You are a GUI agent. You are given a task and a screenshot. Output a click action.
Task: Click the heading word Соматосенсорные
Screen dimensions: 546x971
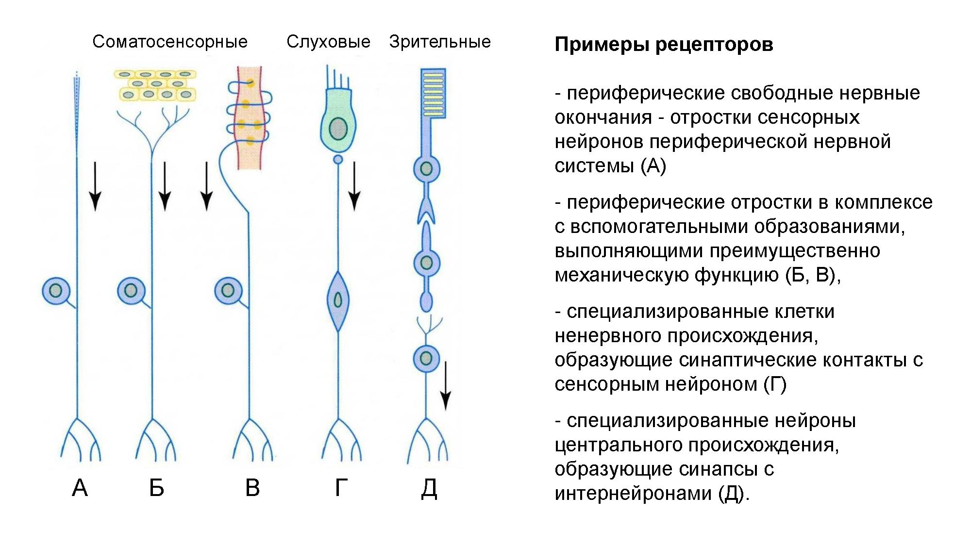tap(170, 42)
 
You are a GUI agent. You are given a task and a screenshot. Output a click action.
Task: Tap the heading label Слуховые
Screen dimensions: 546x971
tap(328, 42)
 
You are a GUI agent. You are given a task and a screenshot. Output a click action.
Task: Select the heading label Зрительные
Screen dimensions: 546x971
tap(440, 42)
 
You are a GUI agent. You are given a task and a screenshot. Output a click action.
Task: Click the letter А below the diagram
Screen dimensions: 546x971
tap(80, 488)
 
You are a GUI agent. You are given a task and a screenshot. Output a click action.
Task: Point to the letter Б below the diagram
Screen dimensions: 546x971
tap(156, 488)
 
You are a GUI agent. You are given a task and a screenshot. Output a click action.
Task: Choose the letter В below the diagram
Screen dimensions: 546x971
tap(252, 488)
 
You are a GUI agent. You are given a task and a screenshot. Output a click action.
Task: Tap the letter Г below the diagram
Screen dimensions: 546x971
tap(341, 488)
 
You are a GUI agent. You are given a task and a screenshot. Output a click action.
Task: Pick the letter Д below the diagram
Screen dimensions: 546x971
tap(429, 488)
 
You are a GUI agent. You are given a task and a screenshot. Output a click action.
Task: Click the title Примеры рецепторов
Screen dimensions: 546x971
tap(664, 45)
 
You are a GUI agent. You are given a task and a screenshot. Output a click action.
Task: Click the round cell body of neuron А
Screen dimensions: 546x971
tap(56, 291)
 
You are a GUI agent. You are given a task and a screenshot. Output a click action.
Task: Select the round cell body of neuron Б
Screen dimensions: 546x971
tap(131, 291)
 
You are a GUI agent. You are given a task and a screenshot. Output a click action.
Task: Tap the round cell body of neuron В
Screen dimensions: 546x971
tap(228, 291)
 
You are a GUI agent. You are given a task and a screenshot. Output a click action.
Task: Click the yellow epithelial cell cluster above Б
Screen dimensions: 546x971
tap(155, 85)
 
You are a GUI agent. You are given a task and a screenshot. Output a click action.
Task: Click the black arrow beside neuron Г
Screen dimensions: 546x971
tap(354, 186)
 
